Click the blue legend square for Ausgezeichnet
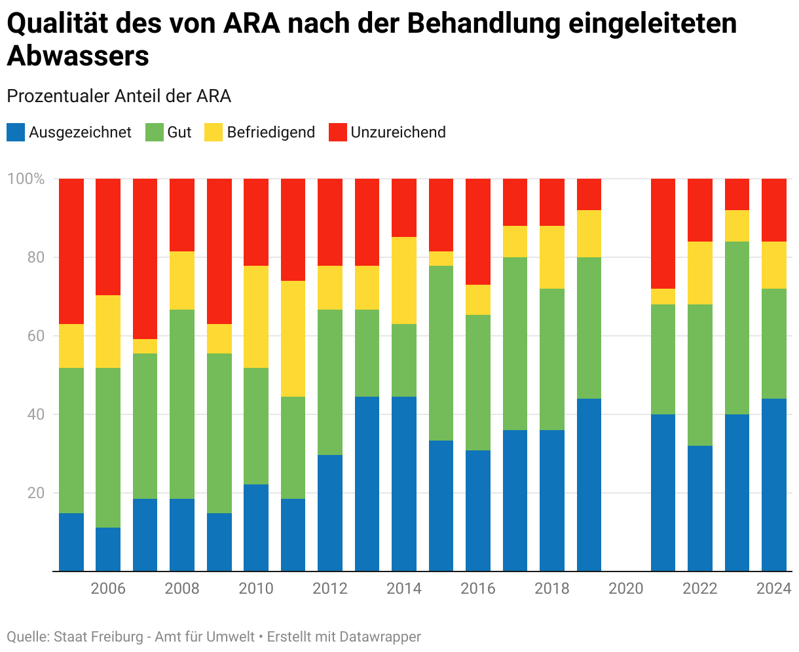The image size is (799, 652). tap(16, 132)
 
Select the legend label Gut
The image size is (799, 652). tap(179, 132)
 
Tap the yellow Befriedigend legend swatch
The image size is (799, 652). tap(214, 132)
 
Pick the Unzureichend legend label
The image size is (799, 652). tap(398, 132)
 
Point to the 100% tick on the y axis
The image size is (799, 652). tap(26, 179)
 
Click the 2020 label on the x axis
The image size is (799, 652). tap(626, 589)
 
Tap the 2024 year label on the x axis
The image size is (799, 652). tap(774, 589)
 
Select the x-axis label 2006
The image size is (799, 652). tap(108, 589)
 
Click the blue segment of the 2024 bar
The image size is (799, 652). tap(774, 484)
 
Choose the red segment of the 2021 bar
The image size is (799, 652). tap(663, 233)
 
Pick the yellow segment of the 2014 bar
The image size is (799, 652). tap(404, 280)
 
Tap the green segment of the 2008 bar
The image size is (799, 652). tap(182, 404)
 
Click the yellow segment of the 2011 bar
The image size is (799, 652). tap(293, 338)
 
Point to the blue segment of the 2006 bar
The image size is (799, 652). tap(108, 549)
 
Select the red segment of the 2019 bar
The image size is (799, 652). tap(589, 194)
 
